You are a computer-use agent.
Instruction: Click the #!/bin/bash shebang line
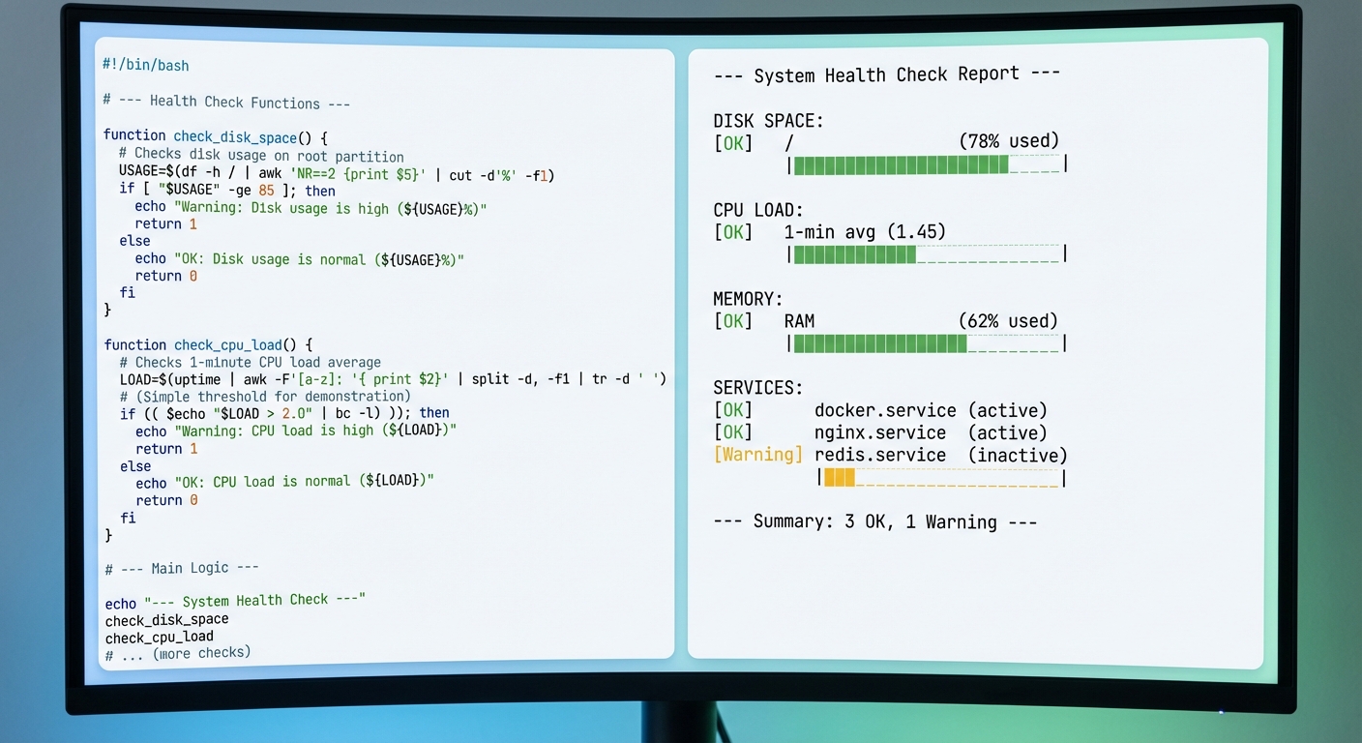[x=145, y=65]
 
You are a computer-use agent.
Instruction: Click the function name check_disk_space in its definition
[x=235, y=137]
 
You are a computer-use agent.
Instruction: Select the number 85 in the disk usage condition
[x=266, y=191]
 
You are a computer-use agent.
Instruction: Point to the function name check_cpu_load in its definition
[x=228, y=345]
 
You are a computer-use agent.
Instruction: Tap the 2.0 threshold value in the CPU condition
[x=297, y=413]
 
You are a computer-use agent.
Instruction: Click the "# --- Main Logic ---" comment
[x=182, y=569]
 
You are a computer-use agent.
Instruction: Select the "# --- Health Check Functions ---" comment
[x=226, y=102]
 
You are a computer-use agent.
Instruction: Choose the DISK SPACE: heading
[x=768, y=120]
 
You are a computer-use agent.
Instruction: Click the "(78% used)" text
[x=1009, y=141]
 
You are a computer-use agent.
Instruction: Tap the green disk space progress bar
[x=901, y=164]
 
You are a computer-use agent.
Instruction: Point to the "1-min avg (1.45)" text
[x=865, y=231]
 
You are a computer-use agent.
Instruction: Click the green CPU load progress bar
[x=854, y=254]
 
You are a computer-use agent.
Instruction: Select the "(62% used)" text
[x=1008, y=321]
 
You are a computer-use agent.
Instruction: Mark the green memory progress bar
[x=880, y=343]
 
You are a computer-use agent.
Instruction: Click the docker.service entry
[x=885, y=410]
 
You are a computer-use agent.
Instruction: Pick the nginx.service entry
[x=880, y=432]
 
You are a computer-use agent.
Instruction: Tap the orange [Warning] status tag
[x=757, y=455]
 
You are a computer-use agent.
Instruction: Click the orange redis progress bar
[x=839, y=478]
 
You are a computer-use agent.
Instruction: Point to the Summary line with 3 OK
[x=875, y=521]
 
